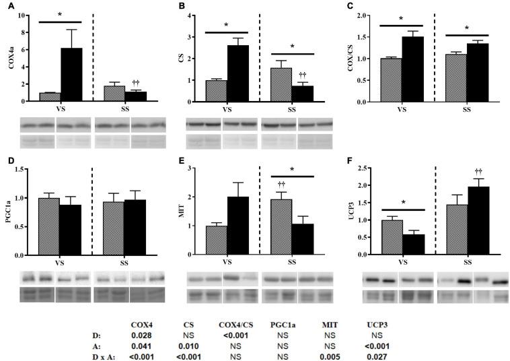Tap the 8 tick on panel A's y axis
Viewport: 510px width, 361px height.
click(x=24, y=32)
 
